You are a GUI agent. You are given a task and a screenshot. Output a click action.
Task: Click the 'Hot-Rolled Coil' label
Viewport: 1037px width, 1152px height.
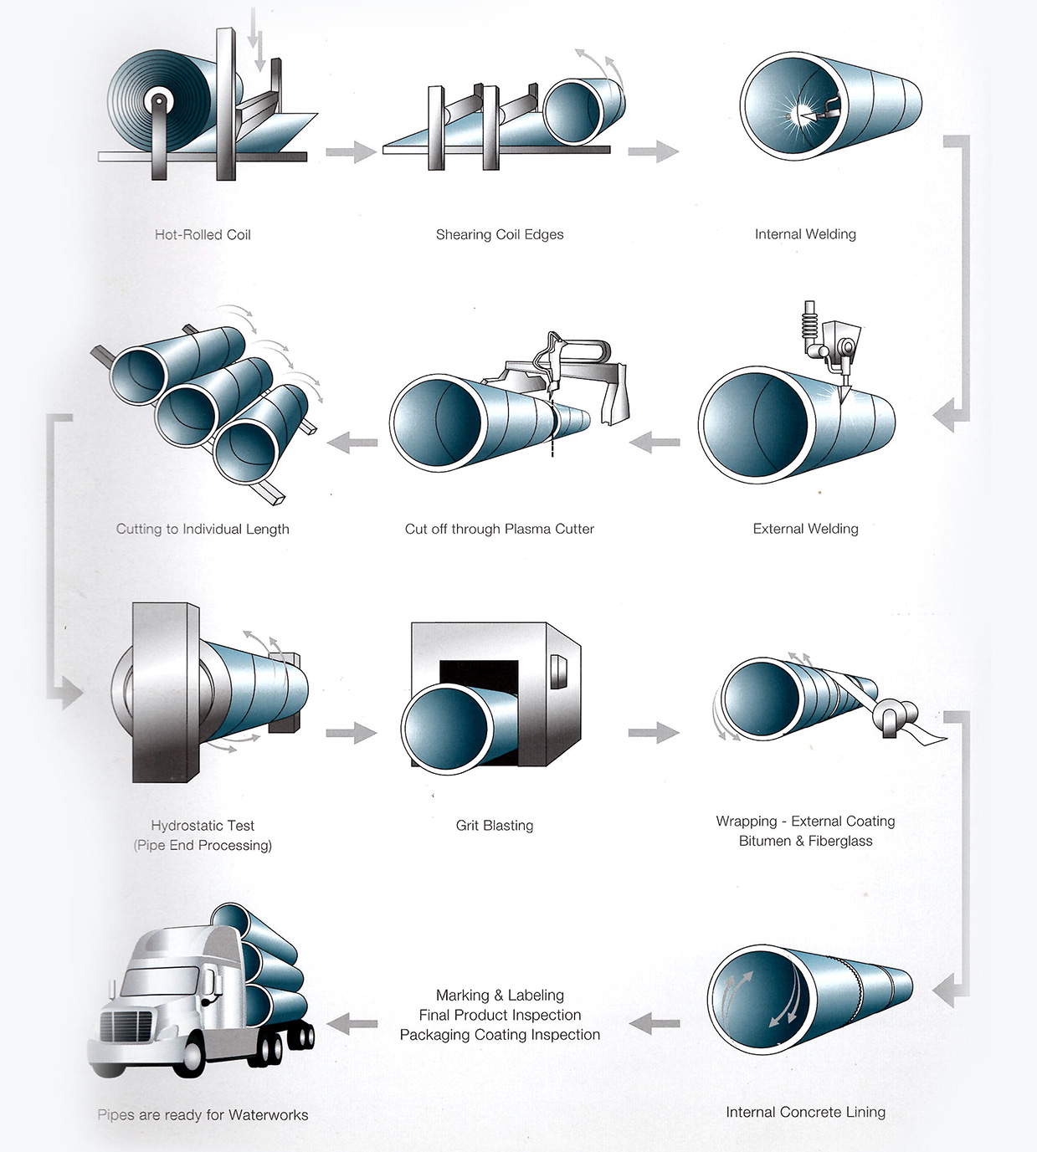[203, 235]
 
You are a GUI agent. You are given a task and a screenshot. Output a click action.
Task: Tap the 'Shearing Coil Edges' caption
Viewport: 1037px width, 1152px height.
[500, 235]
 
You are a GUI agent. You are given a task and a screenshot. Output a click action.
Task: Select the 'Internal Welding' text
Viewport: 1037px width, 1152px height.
[805, 234]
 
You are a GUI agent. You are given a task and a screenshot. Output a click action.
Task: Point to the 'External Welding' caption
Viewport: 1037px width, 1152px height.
[805, 529]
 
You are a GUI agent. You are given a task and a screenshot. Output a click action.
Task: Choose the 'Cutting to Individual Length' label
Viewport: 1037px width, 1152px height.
[203, 529]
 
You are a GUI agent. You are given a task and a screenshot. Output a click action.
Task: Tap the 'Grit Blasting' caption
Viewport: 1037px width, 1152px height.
[495, 826]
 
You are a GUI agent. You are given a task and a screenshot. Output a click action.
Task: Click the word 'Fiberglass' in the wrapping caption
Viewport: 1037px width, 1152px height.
[840, 841]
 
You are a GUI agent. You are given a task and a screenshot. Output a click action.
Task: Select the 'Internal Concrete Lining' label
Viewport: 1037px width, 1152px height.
[805, 1112]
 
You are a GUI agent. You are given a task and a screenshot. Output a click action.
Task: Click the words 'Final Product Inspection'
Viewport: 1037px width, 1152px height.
[500, 1015]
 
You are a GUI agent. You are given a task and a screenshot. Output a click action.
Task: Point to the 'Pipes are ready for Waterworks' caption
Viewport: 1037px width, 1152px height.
[203, 1115]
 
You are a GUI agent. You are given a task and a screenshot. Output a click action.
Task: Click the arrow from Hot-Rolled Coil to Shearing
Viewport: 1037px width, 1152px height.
[351, 151]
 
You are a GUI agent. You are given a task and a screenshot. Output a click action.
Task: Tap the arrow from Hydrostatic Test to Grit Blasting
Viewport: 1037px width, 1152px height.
[351, 733]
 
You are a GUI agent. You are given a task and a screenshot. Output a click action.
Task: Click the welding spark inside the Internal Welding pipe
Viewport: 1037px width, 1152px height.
[797, 110]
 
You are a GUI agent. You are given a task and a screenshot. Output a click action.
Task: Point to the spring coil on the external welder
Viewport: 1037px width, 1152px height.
[809, 325]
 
